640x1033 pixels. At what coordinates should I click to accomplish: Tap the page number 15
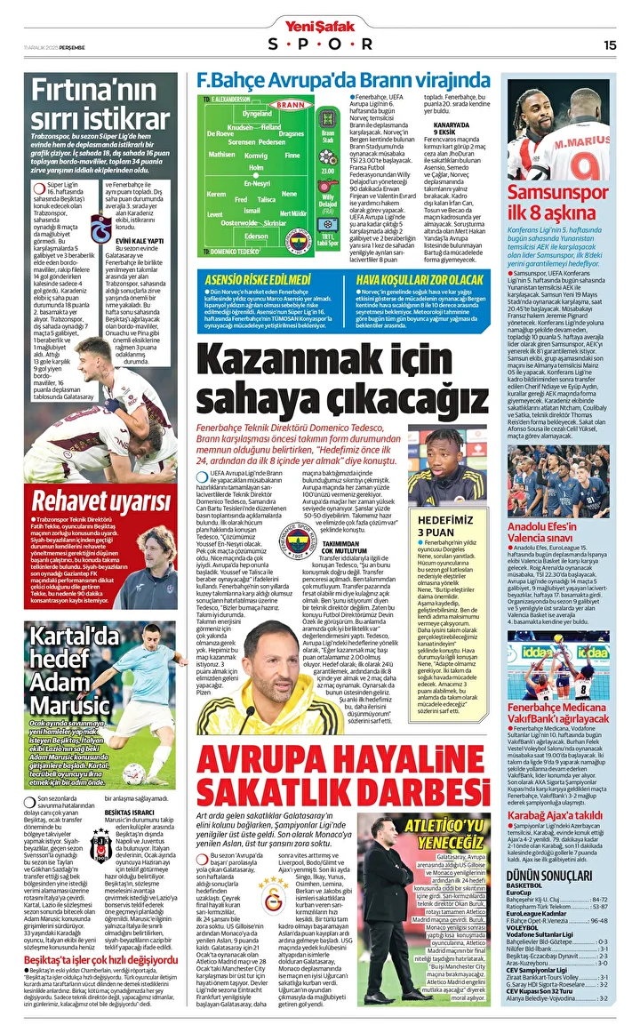point(610,44)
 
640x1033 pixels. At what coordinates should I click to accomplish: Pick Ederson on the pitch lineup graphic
point(256,236)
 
